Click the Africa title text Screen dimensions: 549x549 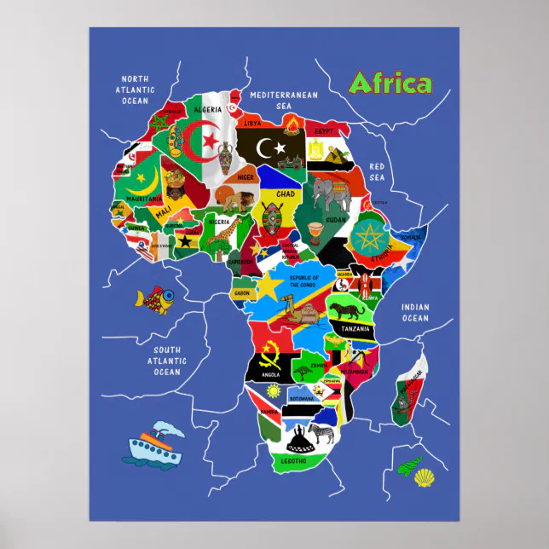point(390,83)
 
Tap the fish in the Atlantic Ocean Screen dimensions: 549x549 point(153,298)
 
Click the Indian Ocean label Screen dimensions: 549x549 point(415,313)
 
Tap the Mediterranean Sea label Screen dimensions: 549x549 point(283,101)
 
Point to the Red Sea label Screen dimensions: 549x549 point(377,172)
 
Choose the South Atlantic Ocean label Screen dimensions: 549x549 point(167,361)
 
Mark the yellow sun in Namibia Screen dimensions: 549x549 point(273,391)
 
